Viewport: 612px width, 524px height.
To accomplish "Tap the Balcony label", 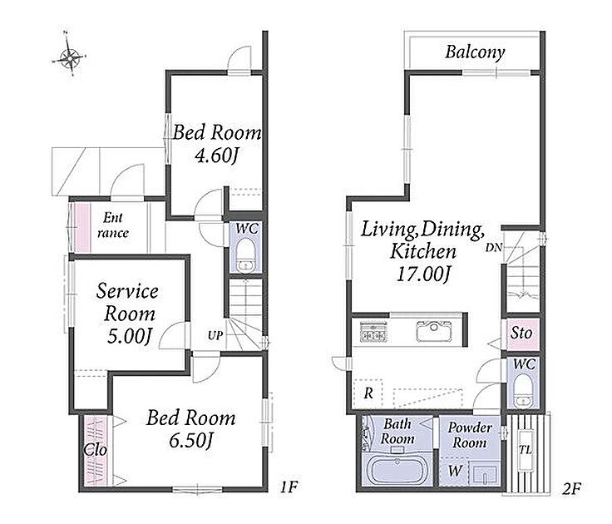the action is pyautogui.click(x=475, y=52).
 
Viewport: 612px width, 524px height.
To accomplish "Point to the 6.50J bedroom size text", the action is pyautogui.click(x=191, y=441).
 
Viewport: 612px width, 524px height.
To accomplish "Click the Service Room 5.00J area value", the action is pyautogui.click(x=129, y=336).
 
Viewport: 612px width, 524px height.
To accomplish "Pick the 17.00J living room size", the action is pyautogui.click(x=424, y=273).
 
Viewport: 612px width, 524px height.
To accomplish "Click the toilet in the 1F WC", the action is pyautogui.click(x=245, y=255).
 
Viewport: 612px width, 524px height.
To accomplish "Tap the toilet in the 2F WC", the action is pyautogui.click(x=522, y=390).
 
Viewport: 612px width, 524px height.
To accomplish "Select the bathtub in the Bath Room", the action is pyautogui.click(x=397, y=471).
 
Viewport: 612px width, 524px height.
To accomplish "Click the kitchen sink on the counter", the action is pyautogui.click(x=433, y=332).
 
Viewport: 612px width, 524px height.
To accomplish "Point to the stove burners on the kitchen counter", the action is pyautogui.click(x=373, y=332).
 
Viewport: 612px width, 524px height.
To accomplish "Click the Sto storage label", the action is pyautogui.click(x=521, y=333).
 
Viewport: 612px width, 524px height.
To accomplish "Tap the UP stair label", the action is pyautogui.click(x=215, y=335).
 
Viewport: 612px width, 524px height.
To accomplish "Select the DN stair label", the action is pyautogui.click(x=494, y=247).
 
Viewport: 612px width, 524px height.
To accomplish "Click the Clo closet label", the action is pyautogui.click(x=96, y=449).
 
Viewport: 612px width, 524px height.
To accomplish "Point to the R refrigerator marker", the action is pyautogui.click(x=368, y=393).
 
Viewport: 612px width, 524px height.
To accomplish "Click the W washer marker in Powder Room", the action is pyautogui.click(x=455, y=471).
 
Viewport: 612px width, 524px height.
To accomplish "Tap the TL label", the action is pyautogui.click(x=526, y=450).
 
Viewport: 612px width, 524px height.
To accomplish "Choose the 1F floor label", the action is pyautogui.click(x=289, y=487).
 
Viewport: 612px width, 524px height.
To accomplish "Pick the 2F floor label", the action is pyautogui.click(x=572, y=488).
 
